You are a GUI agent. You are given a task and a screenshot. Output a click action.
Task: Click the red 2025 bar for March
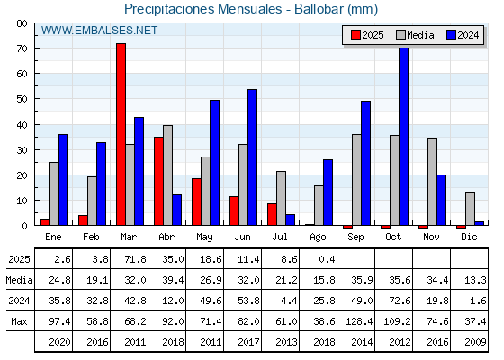coord(121,134)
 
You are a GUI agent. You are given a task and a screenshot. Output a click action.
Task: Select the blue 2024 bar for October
coord(403,136)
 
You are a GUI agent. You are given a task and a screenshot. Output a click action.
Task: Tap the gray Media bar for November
coord(432,182)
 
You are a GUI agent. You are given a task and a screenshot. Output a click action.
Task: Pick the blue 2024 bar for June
coord(252,157)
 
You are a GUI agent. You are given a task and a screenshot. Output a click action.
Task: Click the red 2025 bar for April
coord(158,181)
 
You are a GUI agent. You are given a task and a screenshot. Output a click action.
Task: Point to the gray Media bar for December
coord(470,209)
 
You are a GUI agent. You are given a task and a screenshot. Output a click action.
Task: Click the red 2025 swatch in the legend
coord(355,35)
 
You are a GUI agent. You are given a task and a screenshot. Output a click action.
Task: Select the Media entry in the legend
coord(415,35)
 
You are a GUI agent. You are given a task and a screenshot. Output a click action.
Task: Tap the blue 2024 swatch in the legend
coord(451,35)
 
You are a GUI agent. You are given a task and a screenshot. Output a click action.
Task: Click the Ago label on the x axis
coord(318,238)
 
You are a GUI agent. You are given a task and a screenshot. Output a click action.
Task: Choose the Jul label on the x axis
coord(280,237)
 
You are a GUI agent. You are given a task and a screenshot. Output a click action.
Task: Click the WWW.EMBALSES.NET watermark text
coord(99,31)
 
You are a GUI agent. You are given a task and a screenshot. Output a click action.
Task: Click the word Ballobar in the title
coord(319,9)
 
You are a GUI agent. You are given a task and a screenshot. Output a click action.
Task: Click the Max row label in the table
coord(19,321)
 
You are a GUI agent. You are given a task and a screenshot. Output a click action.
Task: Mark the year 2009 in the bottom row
coord(475,342)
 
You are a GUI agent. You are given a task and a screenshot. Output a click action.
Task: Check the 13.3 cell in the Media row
coord(475,280)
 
